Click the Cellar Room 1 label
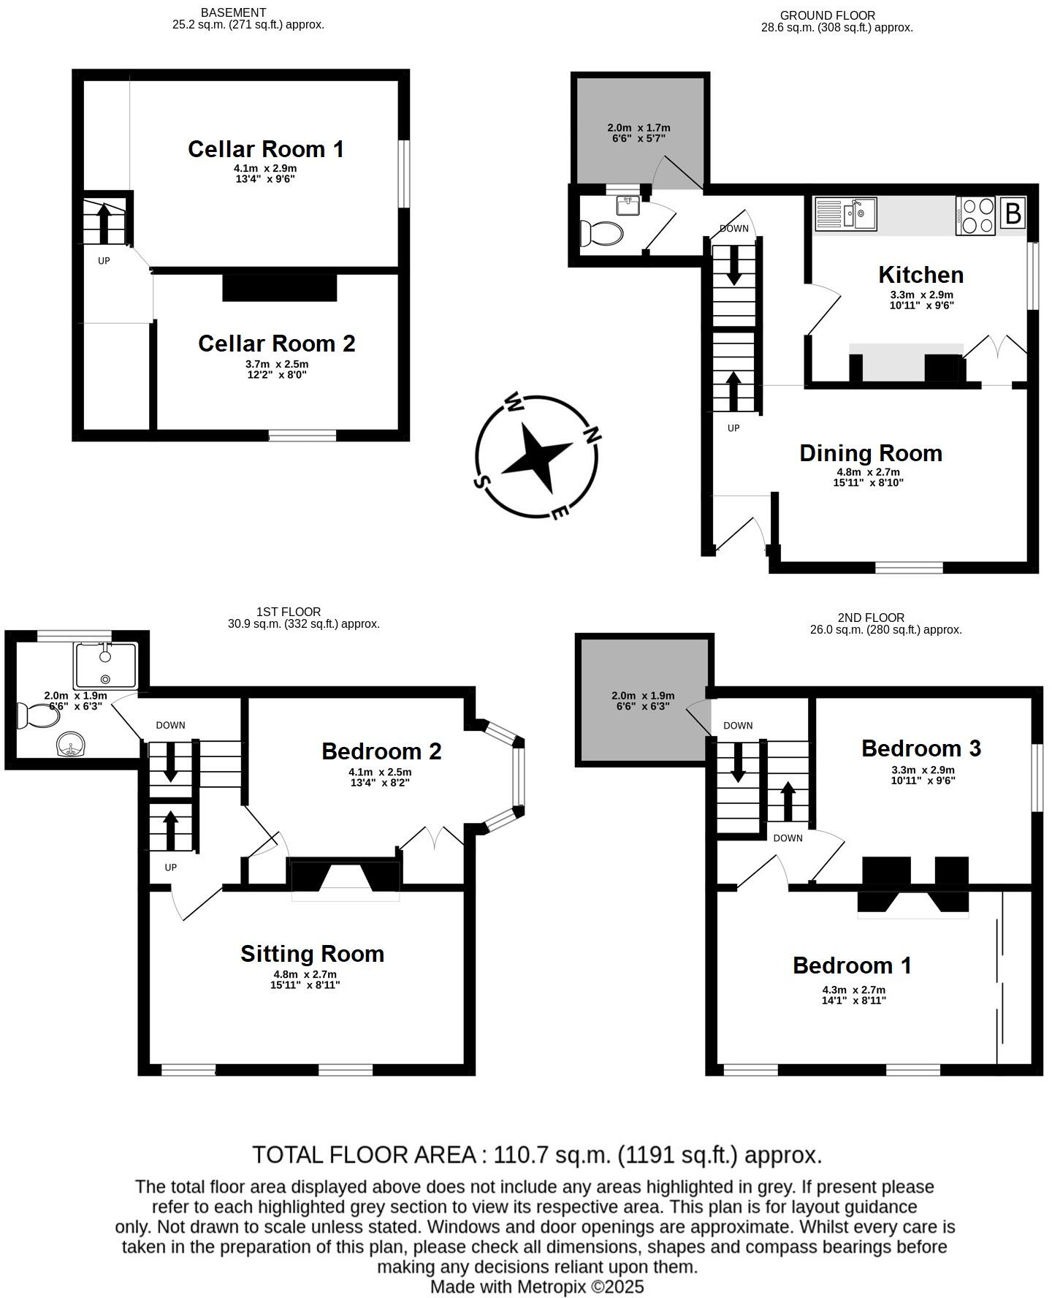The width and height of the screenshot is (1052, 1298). coord(265,149)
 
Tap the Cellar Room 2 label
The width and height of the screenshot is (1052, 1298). coord(276,344)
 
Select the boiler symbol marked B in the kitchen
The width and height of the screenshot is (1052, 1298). coord(1013,214)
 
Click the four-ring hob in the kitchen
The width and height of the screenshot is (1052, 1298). coord(975,216)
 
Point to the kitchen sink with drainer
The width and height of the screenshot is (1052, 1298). coord(846,214)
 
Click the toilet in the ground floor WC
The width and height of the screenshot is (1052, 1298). coord(601,234)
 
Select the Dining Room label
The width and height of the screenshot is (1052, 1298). coord(870,453)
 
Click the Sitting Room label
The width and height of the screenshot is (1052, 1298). coord(312,954)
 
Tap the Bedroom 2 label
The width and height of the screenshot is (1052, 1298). coord(381,751)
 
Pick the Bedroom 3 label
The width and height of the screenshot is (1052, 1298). coord(920,748)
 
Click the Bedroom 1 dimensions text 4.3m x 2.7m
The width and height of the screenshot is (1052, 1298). coord(853,990)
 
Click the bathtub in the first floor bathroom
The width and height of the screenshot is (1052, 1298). coord(105,665)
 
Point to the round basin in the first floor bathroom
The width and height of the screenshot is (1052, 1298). coord(71,746)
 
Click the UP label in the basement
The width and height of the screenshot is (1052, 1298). coord(104,260)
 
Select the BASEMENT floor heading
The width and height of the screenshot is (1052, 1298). coord(233,12)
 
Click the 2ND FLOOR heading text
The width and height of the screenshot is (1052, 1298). coord(871,618)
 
